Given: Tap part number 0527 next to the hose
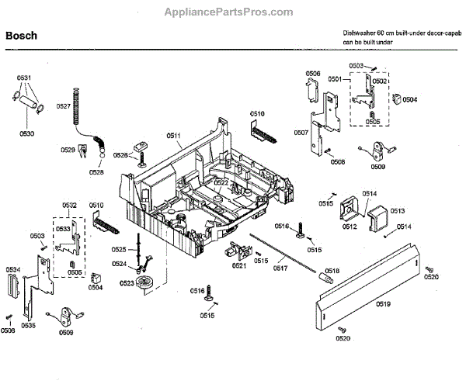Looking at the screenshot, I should [64, 106].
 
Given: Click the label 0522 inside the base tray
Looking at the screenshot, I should [221, 182].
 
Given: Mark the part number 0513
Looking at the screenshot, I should [397, 210].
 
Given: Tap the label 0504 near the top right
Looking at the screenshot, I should [409, 99].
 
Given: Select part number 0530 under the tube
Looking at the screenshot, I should [27, 134].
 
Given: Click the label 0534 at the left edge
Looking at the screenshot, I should [14, 270].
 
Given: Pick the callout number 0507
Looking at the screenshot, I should [301, 133].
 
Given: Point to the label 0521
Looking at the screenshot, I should [238, 265].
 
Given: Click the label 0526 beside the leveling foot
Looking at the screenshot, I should [120, 155].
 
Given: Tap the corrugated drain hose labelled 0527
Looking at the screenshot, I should [75, 109].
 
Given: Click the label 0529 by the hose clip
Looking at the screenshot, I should [68, 148].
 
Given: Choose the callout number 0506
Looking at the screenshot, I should [313, 73].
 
